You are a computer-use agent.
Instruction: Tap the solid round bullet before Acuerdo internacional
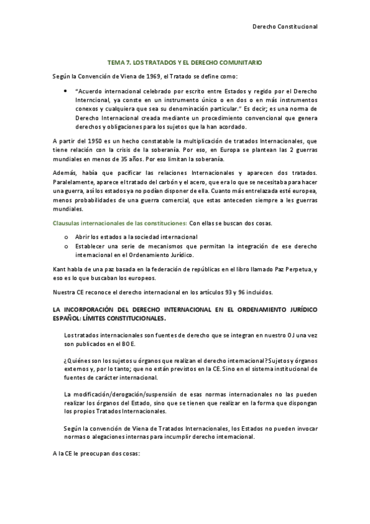pyautogui.click(x=67, y=91)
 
